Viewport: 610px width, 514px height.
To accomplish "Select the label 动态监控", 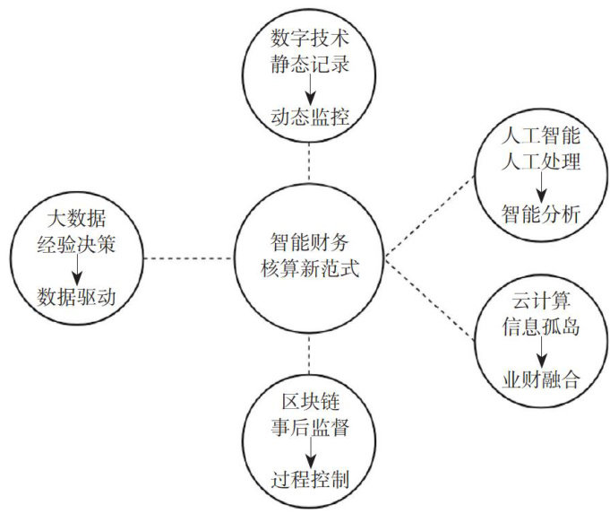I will pyautogui.click(x=307, y=117).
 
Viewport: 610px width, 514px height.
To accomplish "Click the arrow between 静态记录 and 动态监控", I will pyautogui.click(x=307, y=90).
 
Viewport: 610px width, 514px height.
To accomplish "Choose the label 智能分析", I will pyautogui.click(x=541, y=214).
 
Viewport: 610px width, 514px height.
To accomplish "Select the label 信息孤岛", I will pyautogui.click(x=541, y=327).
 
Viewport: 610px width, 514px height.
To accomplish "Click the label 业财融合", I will pyautogui.click(x=541, y=379).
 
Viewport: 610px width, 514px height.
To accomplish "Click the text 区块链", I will pyautogui.click(x=307, y=397).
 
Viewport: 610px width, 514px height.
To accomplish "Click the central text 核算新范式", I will pyautogui.click(x=307, y=269).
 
